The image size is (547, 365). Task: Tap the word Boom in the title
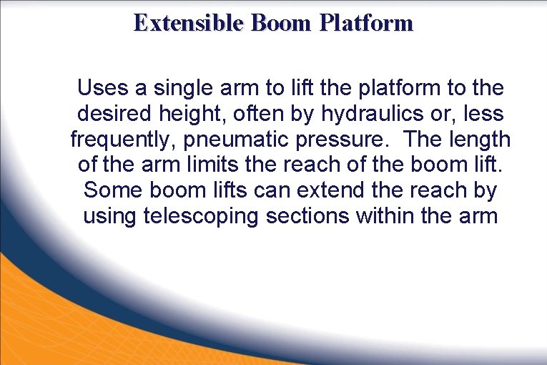click(281, 24)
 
